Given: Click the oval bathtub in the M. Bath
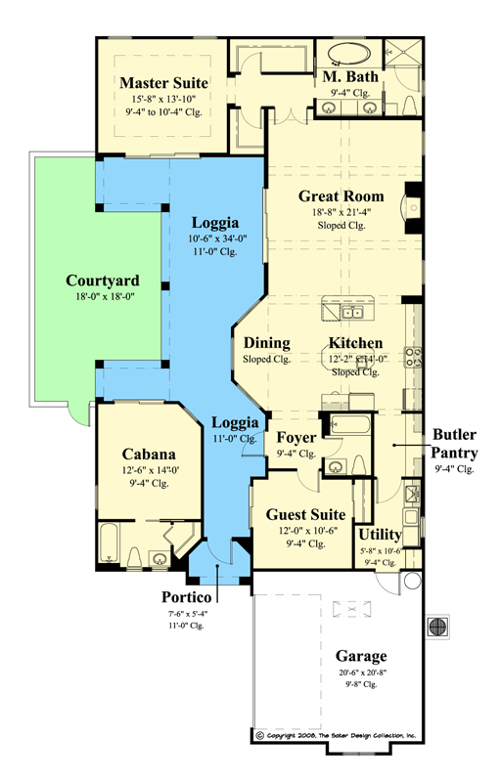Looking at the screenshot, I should (x=344, y=53).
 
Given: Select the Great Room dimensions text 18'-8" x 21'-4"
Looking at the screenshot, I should (x=341, y=212).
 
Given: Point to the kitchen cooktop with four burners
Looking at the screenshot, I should (x=414, y=357).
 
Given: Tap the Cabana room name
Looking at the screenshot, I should (x=149, y=454).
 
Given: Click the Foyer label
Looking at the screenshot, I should (x=295, y=437).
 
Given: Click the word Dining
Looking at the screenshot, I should (x=266, y=343).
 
